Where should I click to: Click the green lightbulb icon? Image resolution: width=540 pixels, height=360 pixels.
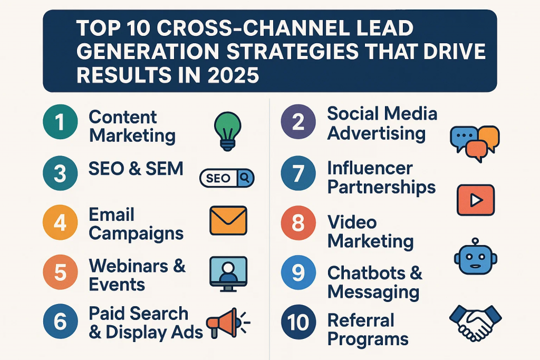[x=227, y=131]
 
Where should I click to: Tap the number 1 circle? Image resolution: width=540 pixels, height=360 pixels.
[x=60, y=122]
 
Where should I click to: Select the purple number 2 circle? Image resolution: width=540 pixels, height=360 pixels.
[x=298, y=122]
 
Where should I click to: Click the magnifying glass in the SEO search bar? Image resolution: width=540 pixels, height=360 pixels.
[x=245, y=178]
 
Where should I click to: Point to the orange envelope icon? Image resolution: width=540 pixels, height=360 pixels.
[x=228, y=221]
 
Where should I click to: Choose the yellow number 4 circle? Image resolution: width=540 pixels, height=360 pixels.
[x=60, y=222]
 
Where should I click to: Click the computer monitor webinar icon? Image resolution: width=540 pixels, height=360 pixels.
[x=228, y=274]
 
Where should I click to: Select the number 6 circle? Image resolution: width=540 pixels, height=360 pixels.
[x=60, y=322]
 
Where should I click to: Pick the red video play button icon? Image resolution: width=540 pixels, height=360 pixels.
[x=476, y=200]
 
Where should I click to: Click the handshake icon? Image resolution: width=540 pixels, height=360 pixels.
[x=476, y=323]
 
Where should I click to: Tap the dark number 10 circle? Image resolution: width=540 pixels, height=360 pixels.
[x=298, y=322]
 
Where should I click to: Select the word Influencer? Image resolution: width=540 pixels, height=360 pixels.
[x=370, y=168]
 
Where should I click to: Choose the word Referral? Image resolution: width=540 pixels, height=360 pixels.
[x=361, y=320]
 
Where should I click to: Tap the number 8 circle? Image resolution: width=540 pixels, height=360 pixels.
[x=298, y=223]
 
